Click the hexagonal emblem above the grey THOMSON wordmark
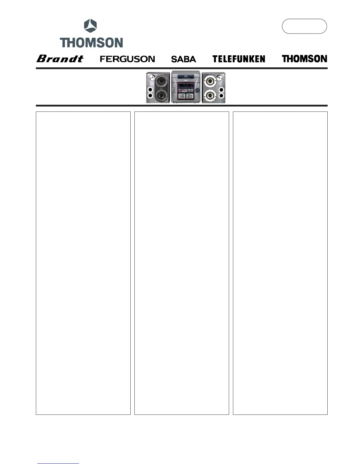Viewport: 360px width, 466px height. [x=90, y=26]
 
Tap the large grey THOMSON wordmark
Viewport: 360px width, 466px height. [x=91, y=43]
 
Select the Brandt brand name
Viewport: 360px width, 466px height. [x=60, y=59]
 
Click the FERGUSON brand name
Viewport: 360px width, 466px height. [x=127, y=59]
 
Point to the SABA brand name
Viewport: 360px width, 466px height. [x=184, y=59]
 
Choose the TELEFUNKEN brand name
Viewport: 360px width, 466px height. [x=239, y=59]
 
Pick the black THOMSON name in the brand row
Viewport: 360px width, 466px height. [x=304, y=59]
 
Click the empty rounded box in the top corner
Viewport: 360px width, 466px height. [x=304, y=26]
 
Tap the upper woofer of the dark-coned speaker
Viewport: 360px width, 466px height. [x=161, y=81]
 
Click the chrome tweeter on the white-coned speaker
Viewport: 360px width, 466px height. [x=220, y=78]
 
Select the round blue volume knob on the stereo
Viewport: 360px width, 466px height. [x=198, y=90]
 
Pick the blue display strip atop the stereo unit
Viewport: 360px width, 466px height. [x=186, y=77]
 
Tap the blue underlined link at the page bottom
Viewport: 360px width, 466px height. [x=58, y=464]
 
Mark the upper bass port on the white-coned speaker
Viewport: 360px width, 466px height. [x=221, y=89]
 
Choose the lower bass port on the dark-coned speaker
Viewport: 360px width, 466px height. [x=150, y=96]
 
